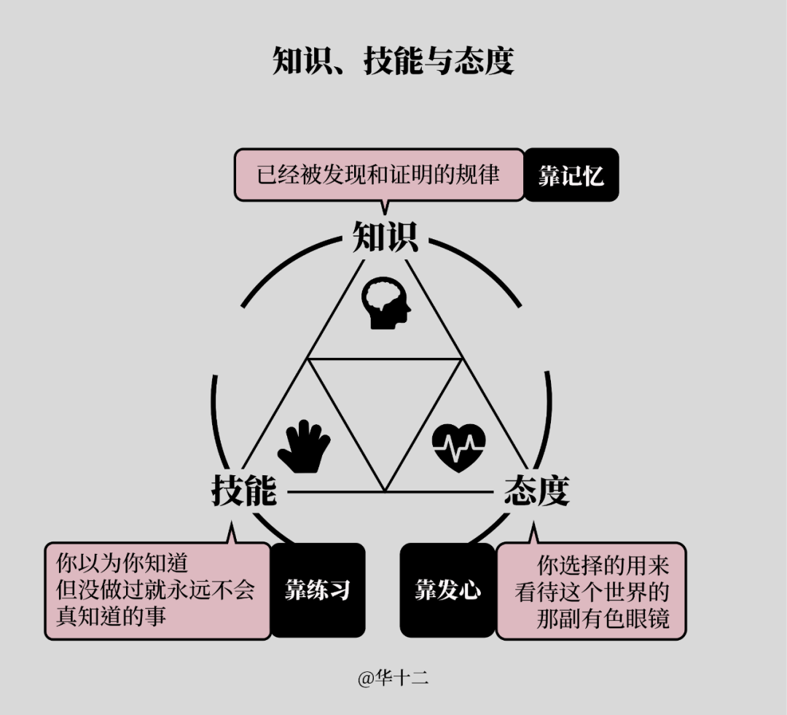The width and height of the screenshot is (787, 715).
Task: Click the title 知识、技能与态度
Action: (393, 61)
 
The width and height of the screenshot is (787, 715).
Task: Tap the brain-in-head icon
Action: (386, 303)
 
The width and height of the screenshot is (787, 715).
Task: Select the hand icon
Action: (304, 446)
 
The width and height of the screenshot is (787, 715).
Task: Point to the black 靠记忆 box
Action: (571, 175)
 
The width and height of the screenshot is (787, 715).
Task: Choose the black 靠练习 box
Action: (318, 590)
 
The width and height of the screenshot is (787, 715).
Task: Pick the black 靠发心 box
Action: (447, 590)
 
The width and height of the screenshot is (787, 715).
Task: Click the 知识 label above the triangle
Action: (385, 236)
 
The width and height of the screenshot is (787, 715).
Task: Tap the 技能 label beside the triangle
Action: (244, 490)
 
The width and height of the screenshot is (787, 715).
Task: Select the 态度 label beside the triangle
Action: (536, 490)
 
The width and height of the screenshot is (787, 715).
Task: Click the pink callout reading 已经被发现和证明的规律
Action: (379, 175)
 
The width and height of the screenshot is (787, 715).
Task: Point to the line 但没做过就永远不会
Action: (155, 590)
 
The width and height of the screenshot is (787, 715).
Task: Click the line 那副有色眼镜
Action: (603, 618)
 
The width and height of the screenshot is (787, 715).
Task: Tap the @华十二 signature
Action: (393, 679)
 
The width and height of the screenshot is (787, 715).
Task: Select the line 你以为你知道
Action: (122, 563)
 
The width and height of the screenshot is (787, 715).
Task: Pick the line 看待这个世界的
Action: (592, 592)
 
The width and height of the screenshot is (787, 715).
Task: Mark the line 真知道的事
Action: (111, 617)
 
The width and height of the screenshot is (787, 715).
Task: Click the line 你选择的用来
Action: (603, 566)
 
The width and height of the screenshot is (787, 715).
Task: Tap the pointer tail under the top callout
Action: (385, 208)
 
